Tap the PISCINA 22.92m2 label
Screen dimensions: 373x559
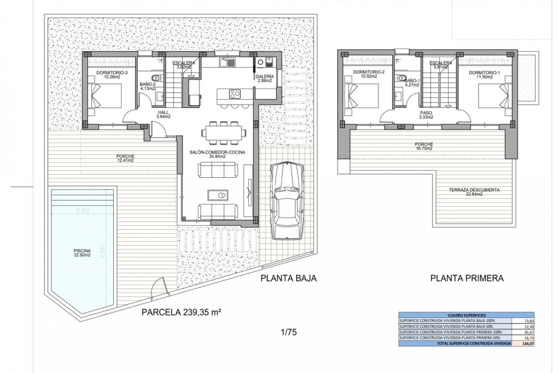[x=82, y=253]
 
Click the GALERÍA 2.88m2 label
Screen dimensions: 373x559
[x=264, y=79]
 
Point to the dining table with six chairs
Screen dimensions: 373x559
[x=223, y=133]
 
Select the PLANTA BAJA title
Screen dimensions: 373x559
[x=288, y=278]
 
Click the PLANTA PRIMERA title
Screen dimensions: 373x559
[x=467, y=278]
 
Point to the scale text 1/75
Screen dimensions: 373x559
[x=289, y=332]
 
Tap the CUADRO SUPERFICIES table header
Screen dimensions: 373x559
[x=466, y=315]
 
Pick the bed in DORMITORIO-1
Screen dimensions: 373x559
[x=495, y=96]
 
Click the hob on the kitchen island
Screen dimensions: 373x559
[x=235, y=94]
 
